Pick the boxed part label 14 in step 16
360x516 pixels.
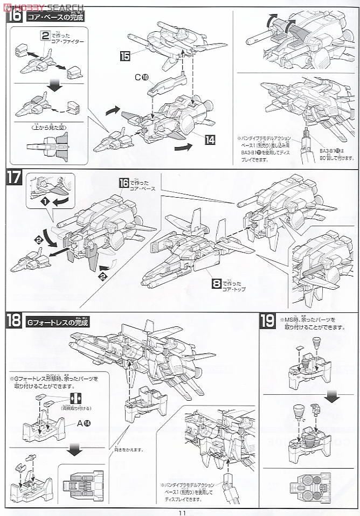(210, 139)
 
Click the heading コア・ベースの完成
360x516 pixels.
(57, 17)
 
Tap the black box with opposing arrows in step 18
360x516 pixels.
(75, 398)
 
